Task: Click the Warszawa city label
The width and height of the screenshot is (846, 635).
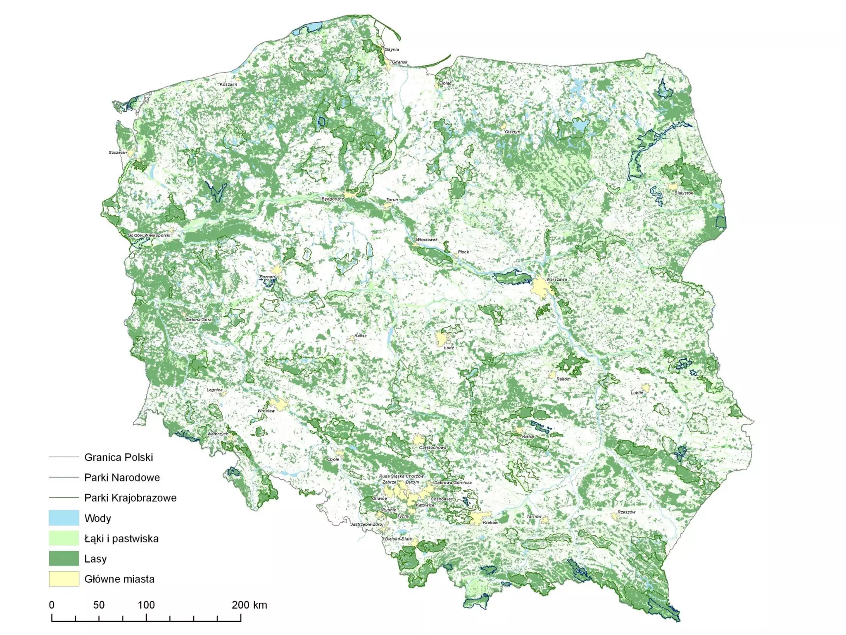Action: [x=556, y=279]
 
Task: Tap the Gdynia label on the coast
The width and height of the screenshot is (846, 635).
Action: [x=392, y=50]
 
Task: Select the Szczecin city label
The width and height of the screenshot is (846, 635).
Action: [x=118, y=153]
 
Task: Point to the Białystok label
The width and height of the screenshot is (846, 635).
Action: [x=684, y=193]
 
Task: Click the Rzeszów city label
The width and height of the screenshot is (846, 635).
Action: [x=626, y=512]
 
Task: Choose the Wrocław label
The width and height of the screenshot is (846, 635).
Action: [x=266, y=411]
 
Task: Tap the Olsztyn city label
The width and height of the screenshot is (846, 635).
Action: [x=513, y=132]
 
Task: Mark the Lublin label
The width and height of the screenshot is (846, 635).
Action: [x=637, y=393]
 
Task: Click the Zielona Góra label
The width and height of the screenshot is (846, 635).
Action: [x=198, y=320]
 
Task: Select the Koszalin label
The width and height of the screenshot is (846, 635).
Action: [x=228, y=84]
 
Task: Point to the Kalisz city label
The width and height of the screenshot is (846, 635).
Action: [x=360, y=336]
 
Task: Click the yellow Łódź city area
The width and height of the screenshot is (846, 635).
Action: [x=442, y=339]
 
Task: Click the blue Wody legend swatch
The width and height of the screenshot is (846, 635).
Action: [x=64, y=518]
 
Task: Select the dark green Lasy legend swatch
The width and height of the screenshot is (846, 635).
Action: [x=64, y=559]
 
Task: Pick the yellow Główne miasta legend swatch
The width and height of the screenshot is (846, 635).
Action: [x=64, y=579]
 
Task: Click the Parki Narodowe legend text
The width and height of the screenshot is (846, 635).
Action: [x=122, y=477]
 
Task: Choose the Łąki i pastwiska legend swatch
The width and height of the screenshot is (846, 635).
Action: [x=64, y=538]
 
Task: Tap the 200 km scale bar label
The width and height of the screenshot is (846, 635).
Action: [x=249, y=605]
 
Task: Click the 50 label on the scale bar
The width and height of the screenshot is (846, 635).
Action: [x=99, y=605]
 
